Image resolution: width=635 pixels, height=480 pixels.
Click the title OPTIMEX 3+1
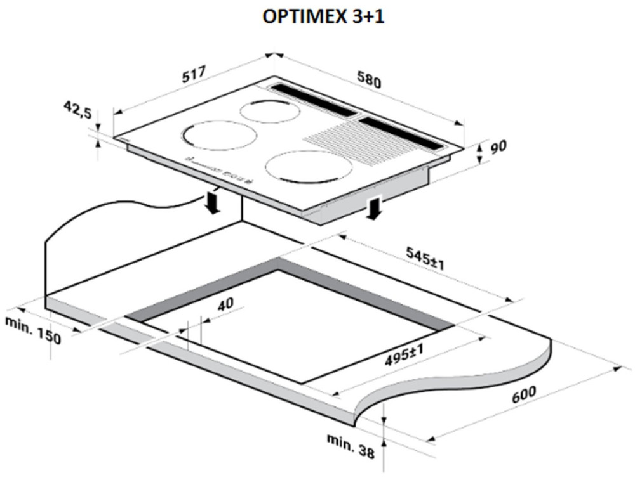tap(323, 16)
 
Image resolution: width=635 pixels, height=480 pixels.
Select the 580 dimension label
tap(369, 79)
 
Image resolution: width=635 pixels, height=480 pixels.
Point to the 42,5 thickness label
tap(78, 110)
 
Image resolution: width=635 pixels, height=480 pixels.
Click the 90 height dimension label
tap(498, 147)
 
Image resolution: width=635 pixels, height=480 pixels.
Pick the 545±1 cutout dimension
tap(425, 259)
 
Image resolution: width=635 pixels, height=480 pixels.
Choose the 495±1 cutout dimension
tap(404, 355)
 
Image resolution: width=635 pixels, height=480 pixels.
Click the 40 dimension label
tap(225, 304)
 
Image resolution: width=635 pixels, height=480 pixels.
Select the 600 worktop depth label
tap(524, 394)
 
